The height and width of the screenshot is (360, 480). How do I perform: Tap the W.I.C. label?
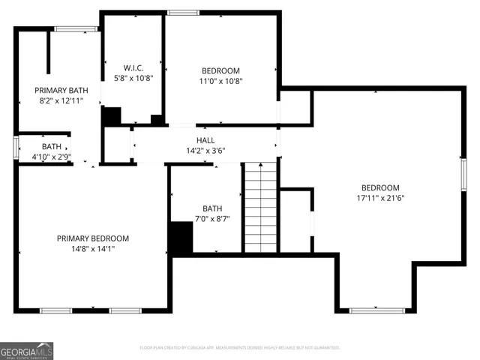133,68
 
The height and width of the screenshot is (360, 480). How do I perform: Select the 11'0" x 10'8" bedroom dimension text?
220,81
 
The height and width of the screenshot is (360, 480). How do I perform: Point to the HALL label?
205,140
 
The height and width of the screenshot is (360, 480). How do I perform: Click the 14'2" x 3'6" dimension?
205,150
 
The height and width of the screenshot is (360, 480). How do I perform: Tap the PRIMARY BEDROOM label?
88,238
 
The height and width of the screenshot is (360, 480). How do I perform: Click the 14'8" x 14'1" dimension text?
88,248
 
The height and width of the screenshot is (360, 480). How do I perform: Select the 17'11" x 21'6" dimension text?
380,198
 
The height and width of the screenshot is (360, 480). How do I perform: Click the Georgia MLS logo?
27,350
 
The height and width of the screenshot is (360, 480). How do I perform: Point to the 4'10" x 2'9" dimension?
52,157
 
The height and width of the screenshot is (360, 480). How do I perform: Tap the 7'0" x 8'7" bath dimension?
212,218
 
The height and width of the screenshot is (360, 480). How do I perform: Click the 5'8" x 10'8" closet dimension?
133,78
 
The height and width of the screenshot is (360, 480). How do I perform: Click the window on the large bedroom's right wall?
463,172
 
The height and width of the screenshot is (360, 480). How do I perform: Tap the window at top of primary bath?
76,29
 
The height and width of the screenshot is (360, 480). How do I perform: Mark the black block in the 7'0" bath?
181,239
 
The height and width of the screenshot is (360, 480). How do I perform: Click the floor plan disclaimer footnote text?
240,348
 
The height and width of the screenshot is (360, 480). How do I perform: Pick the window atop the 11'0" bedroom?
178,12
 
